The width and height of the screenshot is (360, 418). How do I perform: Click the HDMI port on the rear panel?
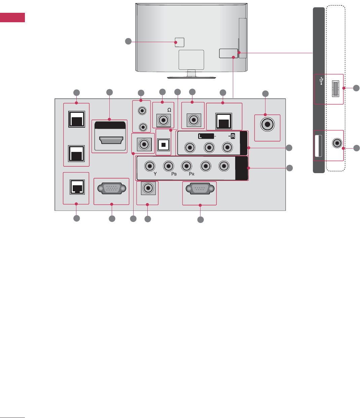pos(110,140)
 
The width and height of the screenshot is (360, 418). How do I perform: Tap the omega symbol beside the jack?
pos(169,110)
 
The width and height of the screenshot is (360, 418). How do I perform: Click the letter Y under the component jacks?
pos(155,174)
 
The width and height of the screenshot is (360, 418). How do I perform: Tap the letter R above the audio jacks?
pos(232,136)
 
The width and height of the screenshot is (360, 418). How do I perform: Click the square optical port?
pos(164,145)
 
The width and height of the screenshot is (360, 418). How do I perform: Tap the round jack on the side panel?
pos(337,143)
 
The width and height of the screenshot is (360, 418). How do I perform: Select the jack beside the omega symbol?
pos(164,120)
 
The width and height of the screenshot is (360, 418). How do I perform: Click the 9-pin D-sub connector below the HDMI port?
pos(111,188)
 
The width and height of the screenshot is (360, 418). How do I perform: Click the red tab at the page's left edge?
pos(12,18)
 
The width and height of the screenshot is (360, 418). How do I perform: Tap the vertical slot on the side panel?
pos(318,146)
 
